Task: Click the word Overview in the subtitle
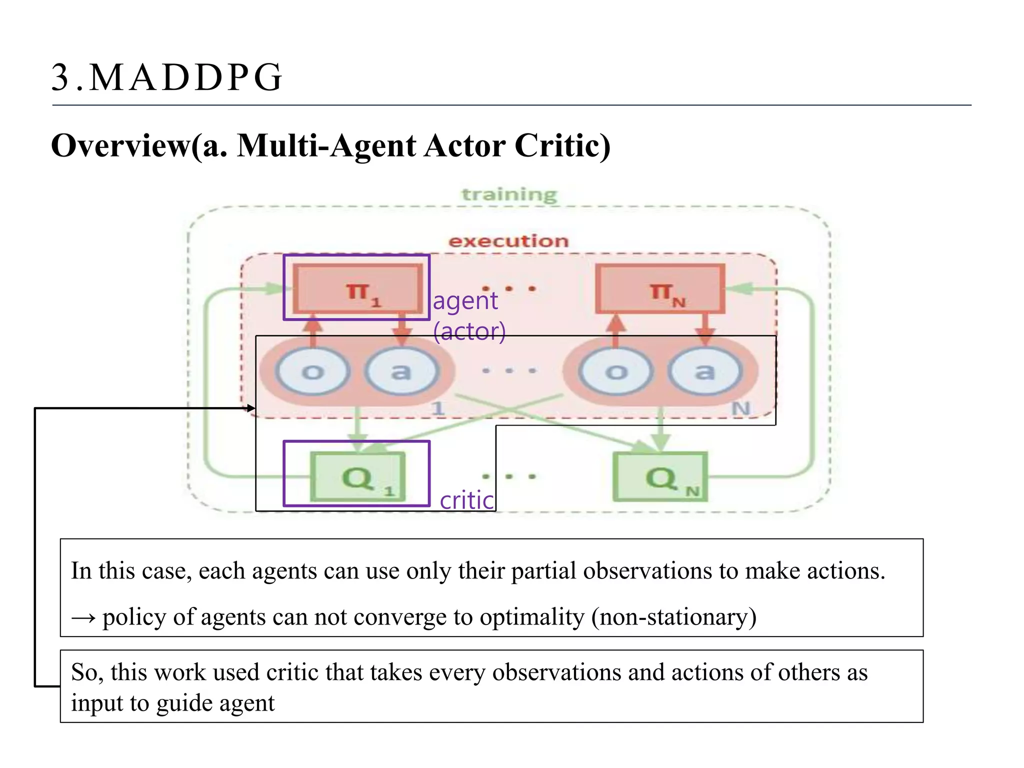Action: (x=120, y=146)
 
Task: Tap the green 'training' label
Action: (x=508, y=194)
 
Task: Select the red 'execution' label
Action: (x=508, y=241)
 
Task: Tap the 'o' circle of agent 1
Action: (x=313, y=371)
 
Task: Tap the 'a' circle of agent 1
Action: (x=401, y=371)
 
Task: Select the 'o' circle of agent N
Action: (x=616, y=371)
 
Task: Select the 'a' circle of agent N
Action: (x=704, y=371)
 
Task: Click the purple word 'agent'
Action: (x=465, y=301)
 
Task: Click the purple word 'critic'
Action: (x=466, y=500)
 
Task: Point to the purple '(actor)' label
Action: (x=469, y=331)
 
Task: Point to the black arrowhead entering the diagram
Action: (x=251, y=408)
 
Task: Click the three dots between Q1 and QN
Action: (x=508, y=476)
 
